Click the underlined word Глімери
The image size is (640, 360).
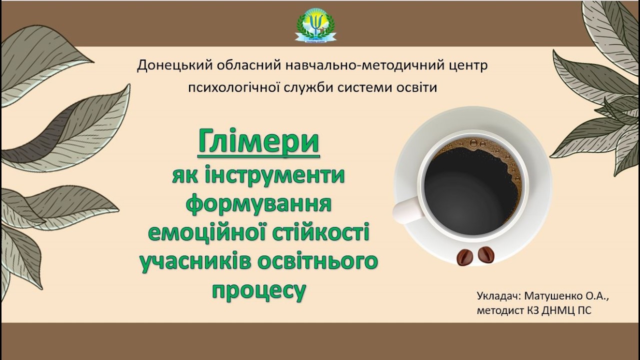[258, 141]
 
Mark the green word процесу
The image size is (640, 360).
[258, 290]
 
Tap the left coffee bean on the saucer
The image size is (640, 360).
[464, 257]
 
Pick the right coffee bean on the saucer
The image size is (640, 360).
[485, 255]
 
